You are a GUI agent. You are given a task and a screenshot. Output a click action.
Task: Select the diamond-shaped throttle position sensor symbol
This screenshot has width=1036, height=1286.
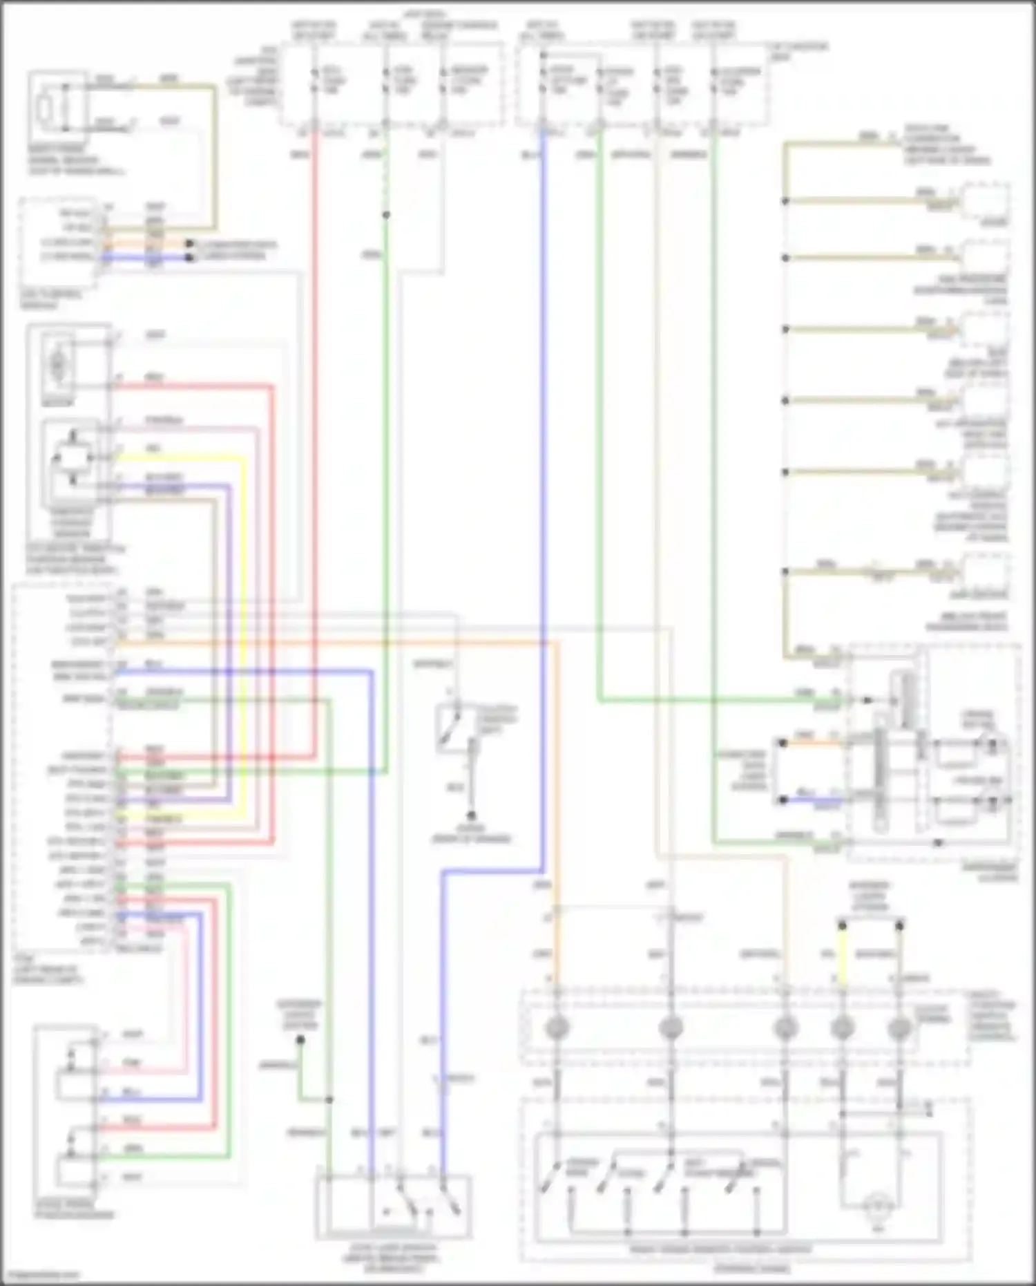(x=73, y=457)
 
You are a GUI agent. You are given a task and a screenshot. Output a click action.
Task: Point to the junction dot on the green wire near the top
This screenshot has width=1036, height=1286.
(x=386, y=215)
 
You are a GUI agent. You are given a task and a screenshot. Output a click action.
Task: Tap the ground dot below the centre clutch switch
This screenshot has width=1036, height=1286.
(x=472, y=816)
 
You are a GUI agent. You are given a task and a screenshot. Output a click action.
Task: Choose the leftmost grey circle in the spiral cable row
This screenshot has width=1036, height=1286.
(x=557, y=1028)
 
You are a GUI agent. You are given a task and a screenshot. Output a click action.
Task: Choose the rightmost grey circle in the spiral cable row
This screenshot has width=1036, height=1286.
(x=899, y=1028)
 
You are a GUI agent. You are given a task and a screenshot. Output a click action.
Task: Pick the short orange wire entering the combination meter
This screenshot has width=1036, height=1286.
(x=812, y=743)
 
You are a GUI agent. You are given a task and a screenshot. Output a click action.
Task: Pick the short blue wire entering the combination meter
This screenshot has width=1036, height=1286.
(x=812, y=800)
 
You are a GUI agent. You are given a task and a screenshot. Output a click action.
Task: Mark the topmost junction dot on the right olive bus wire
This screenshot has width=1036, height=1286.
(x=785, y=201)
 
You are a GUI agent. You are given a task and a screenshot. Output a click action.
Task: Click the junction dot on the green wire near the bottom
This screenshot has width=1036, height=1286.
(x=329, y=1099)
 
